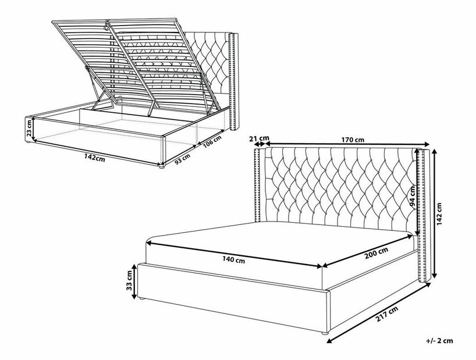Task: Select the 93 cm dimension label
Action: (x=183, y=156)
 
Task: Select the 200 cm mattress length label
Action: (x=376, y=254)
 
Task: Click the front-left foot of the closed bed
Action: (x=142, y=300)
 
